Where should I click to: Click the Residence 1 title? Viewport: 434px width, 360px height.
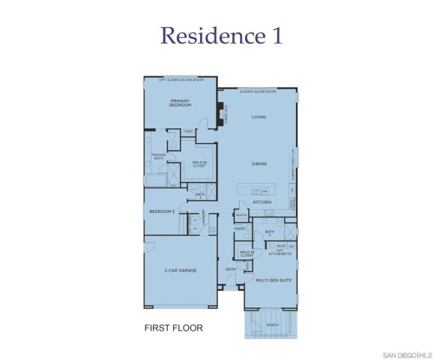point(221,35)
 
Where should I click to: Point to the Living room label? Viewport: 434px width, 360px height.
point(259,117)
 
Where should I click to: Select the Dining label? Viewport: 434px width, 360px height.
point(259,163)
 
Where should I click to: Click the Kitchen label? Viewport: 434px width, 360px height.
point(261,202)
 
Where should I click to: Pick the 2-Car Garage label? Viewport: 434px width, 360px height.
point(181,270)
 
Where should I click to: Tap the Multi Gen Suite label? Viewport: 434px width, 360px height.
point(273,280)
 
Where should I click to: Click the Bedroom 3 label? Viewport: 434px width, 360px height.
point(162,211)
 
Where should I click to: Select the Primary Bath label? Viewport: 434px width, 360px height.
point(158,157)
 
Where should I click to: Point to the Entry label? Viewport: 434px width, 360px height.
point(231,268)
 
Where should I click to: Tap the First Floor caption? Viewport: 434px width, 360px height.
point(173,328)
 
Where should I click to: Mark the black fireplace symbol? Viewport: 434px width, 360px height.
point(220,115)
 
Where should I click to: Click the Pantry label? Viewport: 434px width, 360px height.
point(241,214)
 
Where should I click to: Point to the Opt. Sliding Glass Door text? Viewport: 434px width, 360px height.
point(181,79)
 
